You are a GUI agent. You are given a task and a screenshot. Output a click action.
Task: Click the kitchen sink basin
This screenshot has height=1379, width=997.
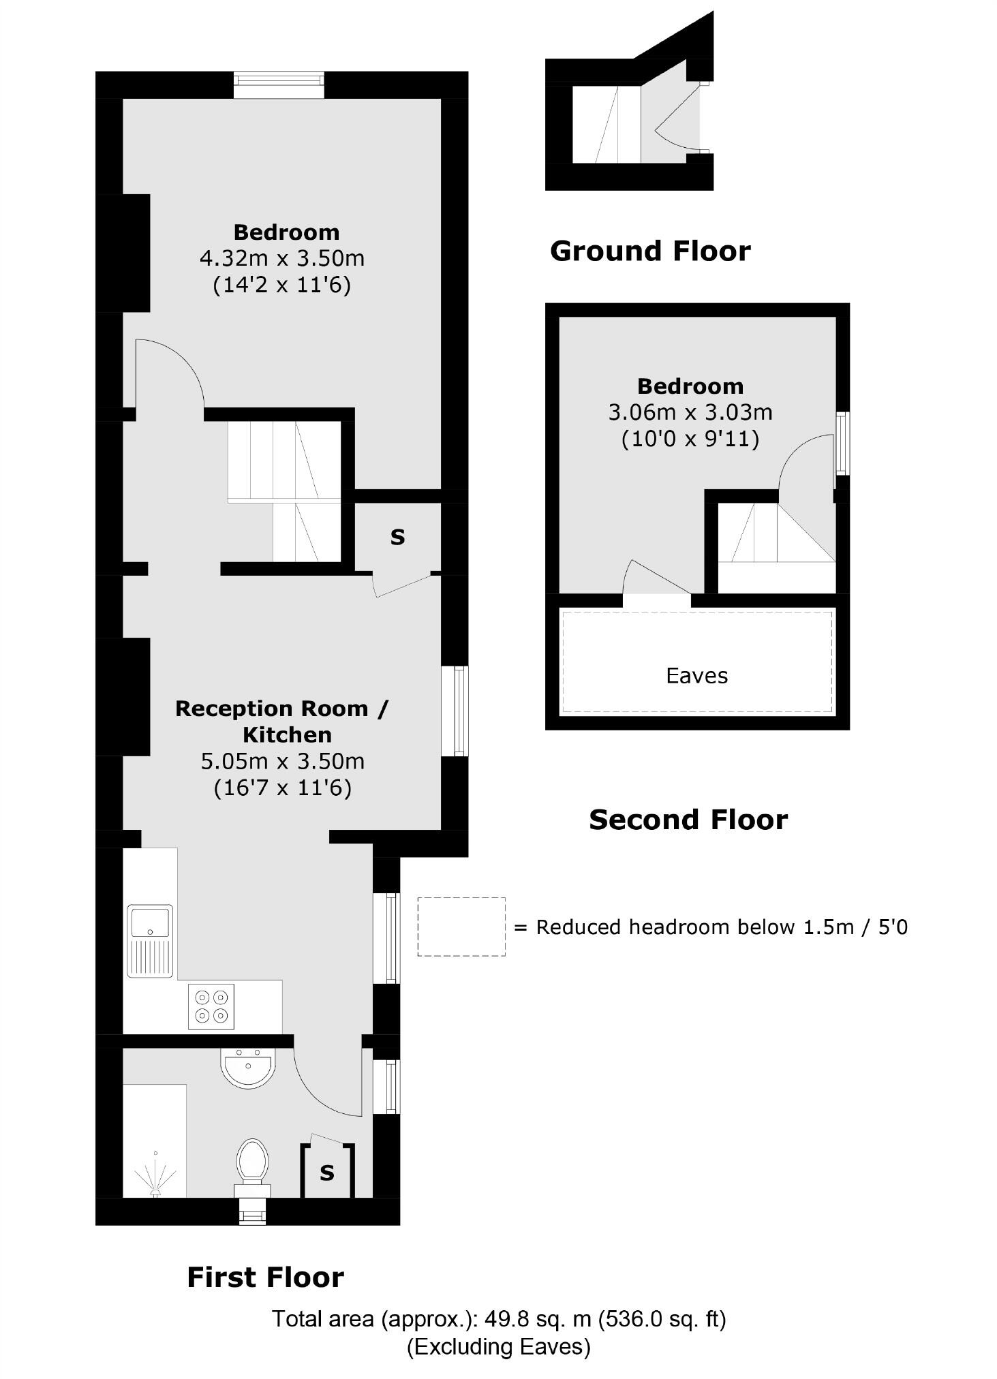150,922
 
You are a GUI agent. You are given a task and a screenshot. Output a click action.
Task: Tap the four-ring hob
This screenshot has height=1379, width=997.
211,1006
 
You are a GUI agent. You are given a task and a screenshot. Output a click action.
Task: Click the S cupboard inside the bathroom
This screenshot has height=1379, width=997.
327,1173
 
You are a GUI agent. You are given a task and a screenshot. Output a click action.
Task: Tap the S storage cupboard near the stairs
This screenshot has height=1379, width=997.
397,537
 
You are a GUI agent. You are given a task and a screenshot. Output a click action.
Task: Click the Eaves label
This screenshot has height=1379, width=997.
696,676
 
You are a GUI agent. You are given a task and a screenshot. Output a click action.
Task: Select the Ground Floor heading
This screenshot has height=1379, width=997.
649,251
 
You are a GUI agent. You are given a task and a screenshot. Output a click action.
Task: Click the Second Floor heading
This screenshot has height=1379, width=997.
688,820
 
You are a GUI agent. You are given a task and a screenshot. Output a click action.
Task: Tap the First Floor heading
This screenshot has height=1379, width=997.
265,1277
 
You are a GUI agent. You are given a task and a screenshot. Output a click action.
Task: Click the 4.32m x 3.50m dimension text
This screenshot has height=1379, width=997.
282,259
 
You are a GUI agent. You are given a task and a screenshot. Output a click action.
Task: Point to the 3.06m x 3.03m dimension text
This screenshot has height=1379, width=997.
690,412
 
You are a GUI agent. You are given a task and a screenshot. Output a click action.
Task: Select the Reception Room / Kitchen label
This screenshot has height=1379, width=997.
281,722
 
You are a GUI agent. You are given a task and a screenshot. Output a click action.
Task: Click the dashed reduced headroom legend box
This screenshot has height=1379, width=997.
461,927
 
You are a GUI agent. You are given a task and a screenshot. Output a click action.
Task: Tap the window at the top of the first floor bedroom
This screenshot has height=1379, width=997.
278,84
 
